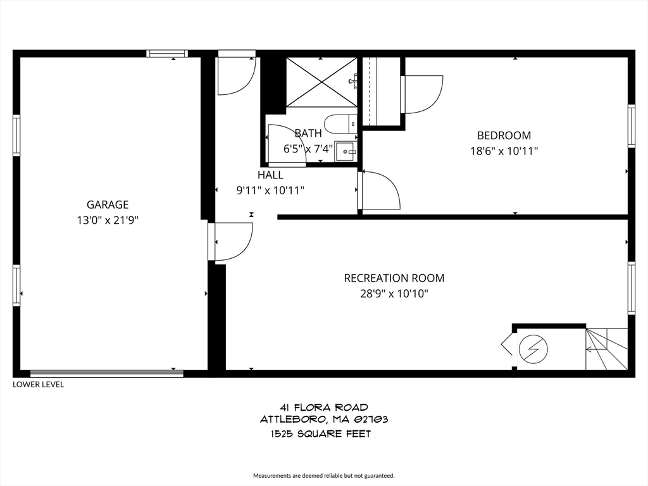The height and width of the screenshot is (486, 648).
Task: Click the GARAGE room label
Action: (x=108, y=204)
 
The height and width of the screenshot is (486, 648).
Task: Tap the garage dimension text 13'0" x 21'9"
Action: (x=108, y=220)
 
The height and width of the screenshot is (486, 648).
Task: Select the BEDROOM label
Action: (x=504, y=135)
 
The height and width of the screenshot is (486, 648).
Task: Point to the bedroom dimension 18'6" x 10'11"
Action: (x=504, y=151)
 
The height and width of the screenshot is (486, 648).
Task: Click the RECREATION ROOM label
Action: (x=394, y=278)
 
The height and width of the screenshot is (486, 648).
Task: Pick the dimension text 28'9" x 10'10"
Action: (x=394, y=294)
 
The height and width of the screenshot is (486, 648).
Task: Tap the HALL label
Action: (x=270, y=175)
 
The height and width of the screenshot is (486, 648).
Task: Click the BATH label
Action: (x=308, y=134)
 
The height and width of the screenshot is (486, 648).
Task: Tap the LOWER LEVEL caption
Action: (x=39, y=384)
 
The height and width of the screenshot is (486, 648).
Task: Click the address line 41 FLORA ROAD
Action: (x=323, y=407)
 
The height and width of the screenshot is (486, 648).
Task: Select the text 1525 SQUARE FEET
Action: (x=320, y=434)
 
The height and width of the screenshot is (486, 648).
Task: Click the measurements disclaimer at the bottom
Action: (x=323, y=475)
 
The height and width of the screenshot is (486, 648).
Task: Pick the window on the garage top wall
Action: (x=167, y=54)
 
